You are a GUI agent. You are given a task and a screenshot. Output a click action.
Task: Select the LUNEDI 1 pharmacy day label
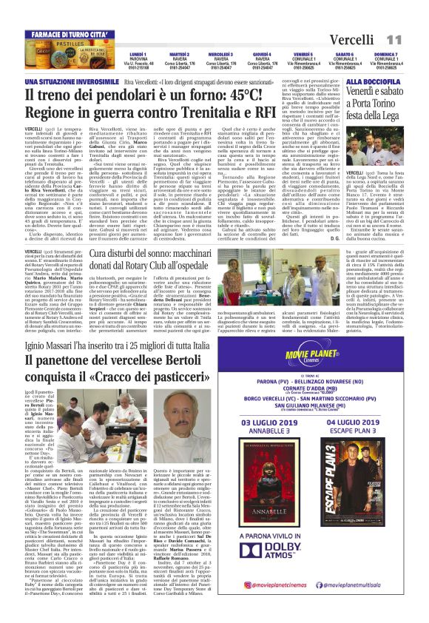click(x=138, y=54)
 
